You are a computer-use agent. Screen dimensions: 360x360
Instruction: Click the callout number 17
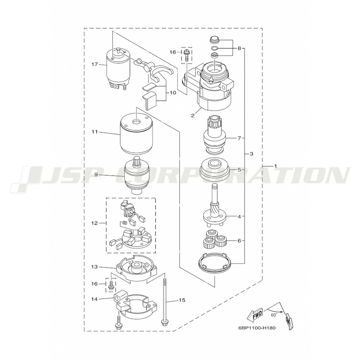tap(95, 64)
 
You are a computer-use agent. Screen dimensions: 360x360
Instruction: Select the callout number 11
tap(95, 132)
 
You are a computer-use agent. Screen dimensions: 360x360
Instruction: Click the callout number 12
tap(95, 223)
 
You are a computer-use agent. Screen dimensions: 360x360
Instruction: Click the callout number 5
tap(239, 170)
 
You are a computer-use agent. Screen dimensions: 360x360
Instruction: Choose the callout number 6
tap(239, 240)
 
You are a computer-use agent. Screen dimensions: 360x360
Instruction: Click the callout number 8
tap(239, 49)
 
